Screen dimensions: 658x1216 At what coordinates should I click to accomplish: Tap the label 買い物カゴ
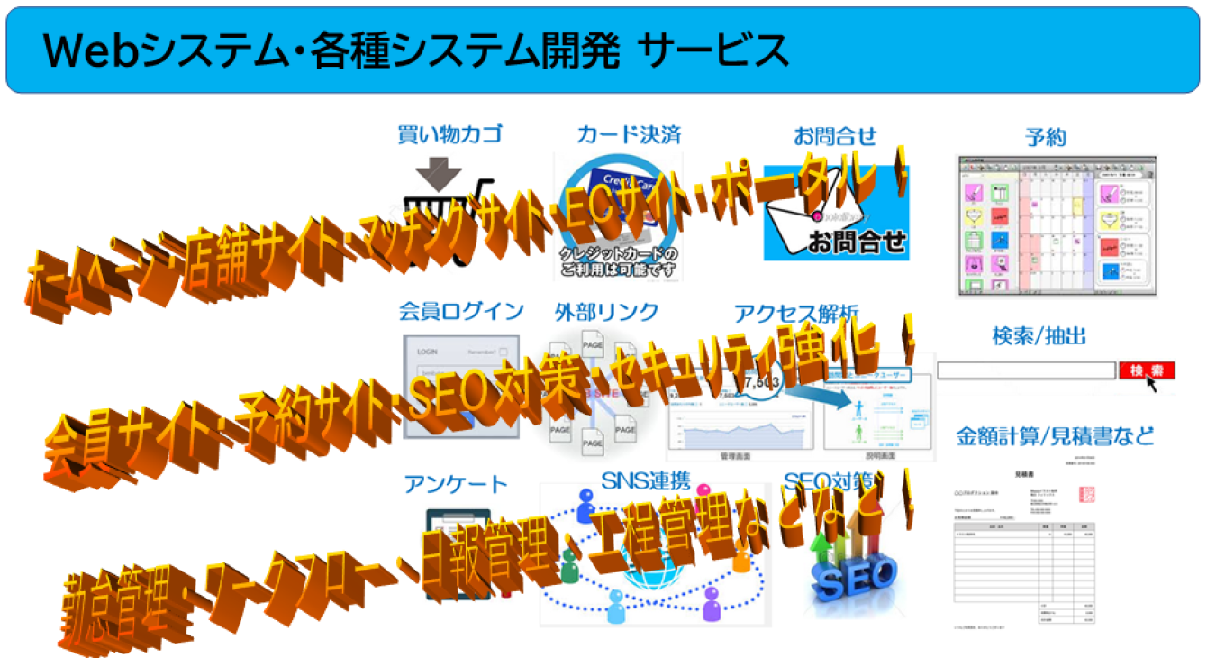(449, 135)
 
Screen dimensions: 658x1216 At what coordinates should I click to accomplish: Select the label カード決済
(629, 135)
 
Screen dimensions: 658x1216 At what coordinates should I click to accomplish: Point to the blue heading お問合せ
(834, 136)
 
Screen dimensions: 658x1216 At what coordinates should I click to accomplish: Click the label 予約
(1045, 137)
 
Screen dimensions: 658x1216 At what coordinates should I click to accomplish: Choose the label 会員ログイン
(461, 311)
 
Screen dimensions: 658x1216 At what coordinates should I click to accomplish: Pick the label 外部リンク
(607, 312)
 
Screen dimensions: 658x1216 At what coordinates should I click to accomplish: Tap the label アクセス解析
(796, 313)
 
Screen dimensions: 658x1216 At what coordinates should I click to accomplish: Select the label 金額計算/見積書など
(1054, 437)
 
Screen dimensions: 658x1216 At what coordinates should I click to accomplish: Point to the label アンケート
(456, 484)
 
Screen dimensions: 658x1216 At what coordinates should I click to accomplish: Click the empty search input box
(1025, 370)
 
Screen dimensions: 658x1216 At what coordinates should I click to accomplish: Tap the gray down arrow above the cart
(439, 172)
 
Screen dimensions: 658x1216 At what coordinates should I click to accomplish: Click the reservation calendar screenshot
(1056, 225)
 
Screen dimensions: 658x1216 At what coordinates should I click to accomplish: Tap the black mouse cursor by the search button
(1153, 385)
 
